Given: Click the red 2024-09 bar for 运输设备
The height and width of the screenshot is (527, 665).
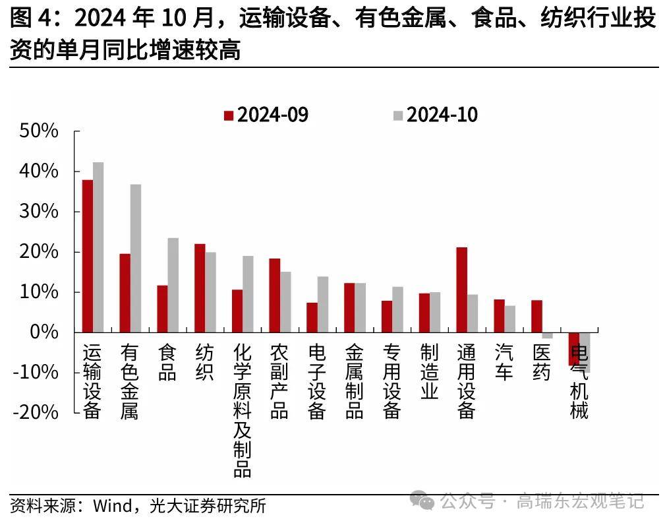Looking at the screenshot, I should coord(87,256).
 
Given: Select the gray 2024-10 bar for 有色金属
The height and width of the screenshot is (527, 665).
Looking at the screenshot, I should coord(135,258).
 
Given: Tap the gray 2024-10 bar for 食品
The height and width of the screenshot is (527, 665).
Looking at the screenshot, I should coord(173,285).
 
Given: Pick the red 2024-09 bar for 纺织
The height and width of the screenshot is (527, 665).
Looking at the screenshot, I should coord(199,288).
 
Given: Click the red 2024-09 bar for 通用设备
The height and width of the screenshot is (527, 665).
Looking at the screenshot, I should coord(461,290).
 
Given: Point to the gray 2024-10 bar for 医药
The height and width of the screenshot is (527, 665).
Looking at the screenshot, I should coord(547,336).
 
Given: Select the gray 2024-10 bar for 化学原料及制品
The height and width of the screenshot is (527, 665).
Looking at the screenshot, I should coord(248,294).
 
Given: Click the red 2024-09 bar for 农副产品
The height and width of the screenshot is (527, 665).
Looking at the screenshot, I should coord(274,295).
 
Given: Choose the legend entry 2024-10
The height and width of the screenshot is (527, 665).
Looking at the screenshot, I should coord(435,115).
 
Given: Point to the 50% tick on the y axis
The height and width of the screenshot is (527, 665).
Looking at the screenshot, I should coord(40,131).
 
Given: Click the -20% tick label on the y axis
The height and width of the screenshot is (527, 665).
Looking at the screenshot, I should coord(36,412).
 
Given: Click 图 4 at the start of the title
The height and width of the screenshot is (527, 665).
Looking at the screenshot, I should coord(30,18).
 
